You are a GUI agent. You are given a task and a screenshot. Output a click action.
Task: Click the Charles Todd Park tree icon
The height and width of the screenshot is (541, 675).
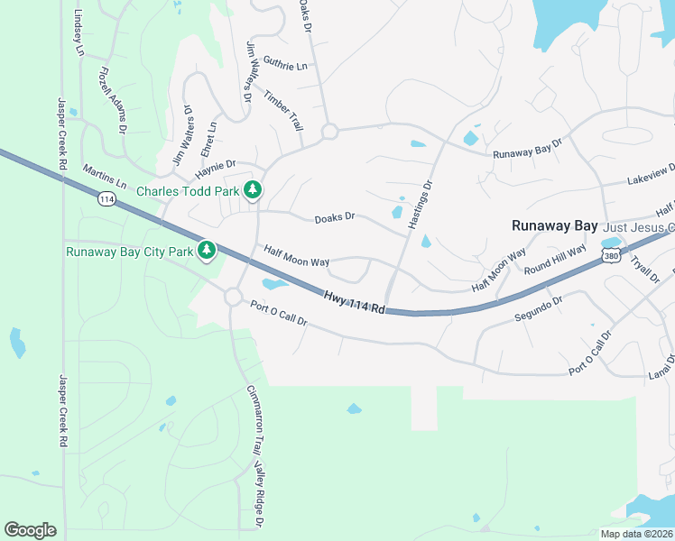coord(254,189)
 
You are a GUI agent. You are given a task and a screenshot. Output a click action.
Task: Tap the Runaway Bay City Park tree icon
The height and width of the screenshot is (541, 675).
coord(208,249)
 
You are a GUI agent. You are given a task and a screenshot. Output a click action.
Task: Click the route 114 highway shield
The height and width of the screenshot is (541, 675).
coord(106,199)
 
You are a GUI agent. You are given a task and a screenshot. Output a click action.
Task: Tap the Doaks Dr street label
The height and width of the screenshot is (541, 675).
coord(335,217)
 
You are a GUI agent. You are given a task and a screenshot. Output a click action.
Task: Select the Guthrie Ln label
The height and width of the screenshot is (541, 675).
coord(285,66)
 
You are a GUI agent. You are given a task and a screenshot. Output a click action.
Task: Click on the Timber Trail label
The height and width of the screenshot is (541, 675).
coord(283,109)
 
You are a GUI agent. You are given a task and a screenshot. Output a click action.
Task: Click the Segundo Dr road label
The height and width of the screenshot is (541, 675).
coord(539,309)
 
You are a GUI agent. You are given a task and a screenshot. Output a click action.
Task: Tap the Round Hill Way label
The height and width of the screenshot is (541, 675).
coord(555,258)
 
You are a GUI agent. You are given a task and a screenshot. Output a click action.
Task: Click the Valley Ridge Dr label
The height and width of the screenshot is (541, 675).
coord(259,493)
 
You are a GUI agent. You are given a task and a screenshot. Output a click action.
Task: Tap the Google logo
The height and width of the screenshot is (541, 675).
coord(30,530)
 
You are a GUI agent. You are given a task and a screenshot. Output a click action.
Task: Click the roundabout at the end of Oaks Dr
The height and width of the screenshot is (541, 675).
coord(329,132)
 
